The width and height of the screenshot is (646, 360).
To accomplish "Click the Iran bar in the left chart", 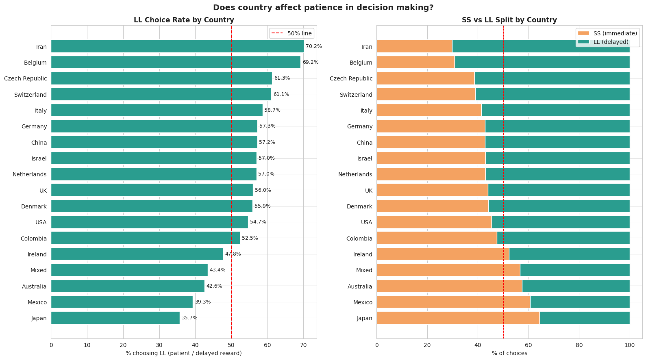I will pos(177,46).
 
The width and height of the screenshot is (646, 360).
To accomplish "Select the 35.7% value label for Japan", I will pos(189,318).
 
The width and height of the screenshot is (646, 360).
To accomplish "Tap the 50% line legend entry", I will pos(291,33).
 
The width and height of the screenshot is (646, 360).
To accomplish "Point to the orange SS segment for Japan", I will pos(458,318).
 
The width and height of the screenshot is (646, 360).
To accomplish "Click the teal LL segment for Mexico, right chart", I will pos(580,302).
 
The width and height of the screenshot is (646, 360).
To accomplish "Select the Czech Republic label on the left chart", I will pos(25,78).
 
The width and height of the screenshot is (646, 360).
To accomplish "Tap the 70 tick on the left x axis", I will pos(303,345).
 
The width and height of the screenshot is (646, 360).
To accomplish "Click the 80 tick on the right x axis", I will pos(579,345).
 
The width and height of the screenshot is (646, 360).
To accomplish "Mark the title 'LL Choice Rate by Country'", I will pos(184,20).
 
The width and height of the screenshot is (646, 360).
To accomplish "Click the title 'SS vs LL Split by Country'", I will pos(509,20).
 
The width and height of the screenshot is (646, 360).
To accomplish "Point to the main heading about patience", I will pos(323,7).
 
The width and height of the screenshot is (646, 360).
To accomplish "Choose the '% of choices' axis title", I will pos(509,353).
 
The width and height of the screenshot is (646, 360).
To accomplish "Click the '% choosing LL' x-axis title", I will pos(184,353).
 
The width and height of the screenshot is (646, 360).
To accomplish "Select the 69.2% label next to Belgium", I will pos(311,63).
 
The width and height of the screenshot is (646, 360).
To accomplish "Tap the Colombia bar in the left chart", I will pos(146,238).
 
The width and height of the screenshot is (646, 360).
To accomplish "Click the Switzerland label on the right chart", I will pos(356,95).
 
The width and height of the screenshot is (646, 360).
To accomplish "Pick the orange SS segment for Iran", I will pos(414,46).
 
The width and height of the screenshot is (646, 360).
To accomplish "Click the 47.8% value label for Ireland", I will pos(233,254).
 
